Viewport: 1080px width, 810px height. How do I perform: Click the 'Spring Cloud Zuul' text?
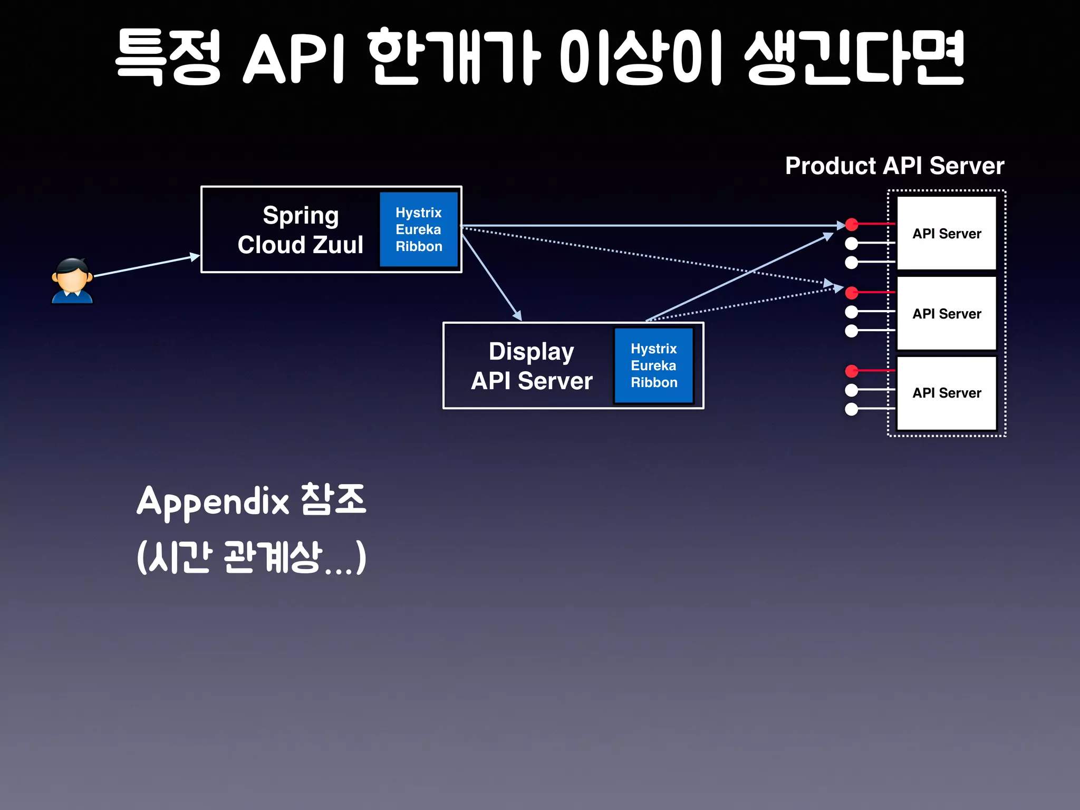300,230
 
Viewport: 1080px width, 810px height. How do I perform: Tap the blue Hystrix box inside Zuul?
419,229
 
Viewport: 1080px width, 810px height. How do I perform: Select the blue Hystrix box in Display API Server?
653,365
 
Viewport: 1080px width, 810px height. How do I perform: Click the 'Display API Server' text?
531,366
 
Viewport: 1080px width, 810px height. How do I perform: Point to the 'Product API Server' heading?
894,166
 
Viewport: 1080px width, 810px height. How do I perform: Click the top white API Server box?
947,234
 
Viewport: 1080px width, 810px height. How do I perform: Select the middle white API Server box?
947,313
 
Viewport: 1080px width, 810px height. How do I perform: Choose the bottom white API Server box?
947,393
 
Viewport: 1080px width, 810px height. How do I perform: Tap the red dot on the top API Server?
852,225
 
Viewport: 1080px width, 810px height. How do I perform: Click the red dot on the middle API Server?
852,293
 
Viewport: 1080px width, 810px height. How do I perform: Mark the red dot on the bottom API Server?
852,371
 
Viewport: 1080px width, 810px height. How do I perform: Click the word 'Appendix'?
213,501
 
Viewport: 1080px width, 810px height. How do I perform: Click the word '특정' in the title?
168,57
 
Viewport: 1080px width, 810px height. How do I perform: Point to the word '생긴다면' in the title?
854,57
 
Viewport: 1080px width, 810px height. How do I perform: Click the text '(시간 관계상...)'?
251,557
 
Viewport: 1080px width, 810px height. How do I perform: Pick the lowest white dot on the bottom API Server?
851,409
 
